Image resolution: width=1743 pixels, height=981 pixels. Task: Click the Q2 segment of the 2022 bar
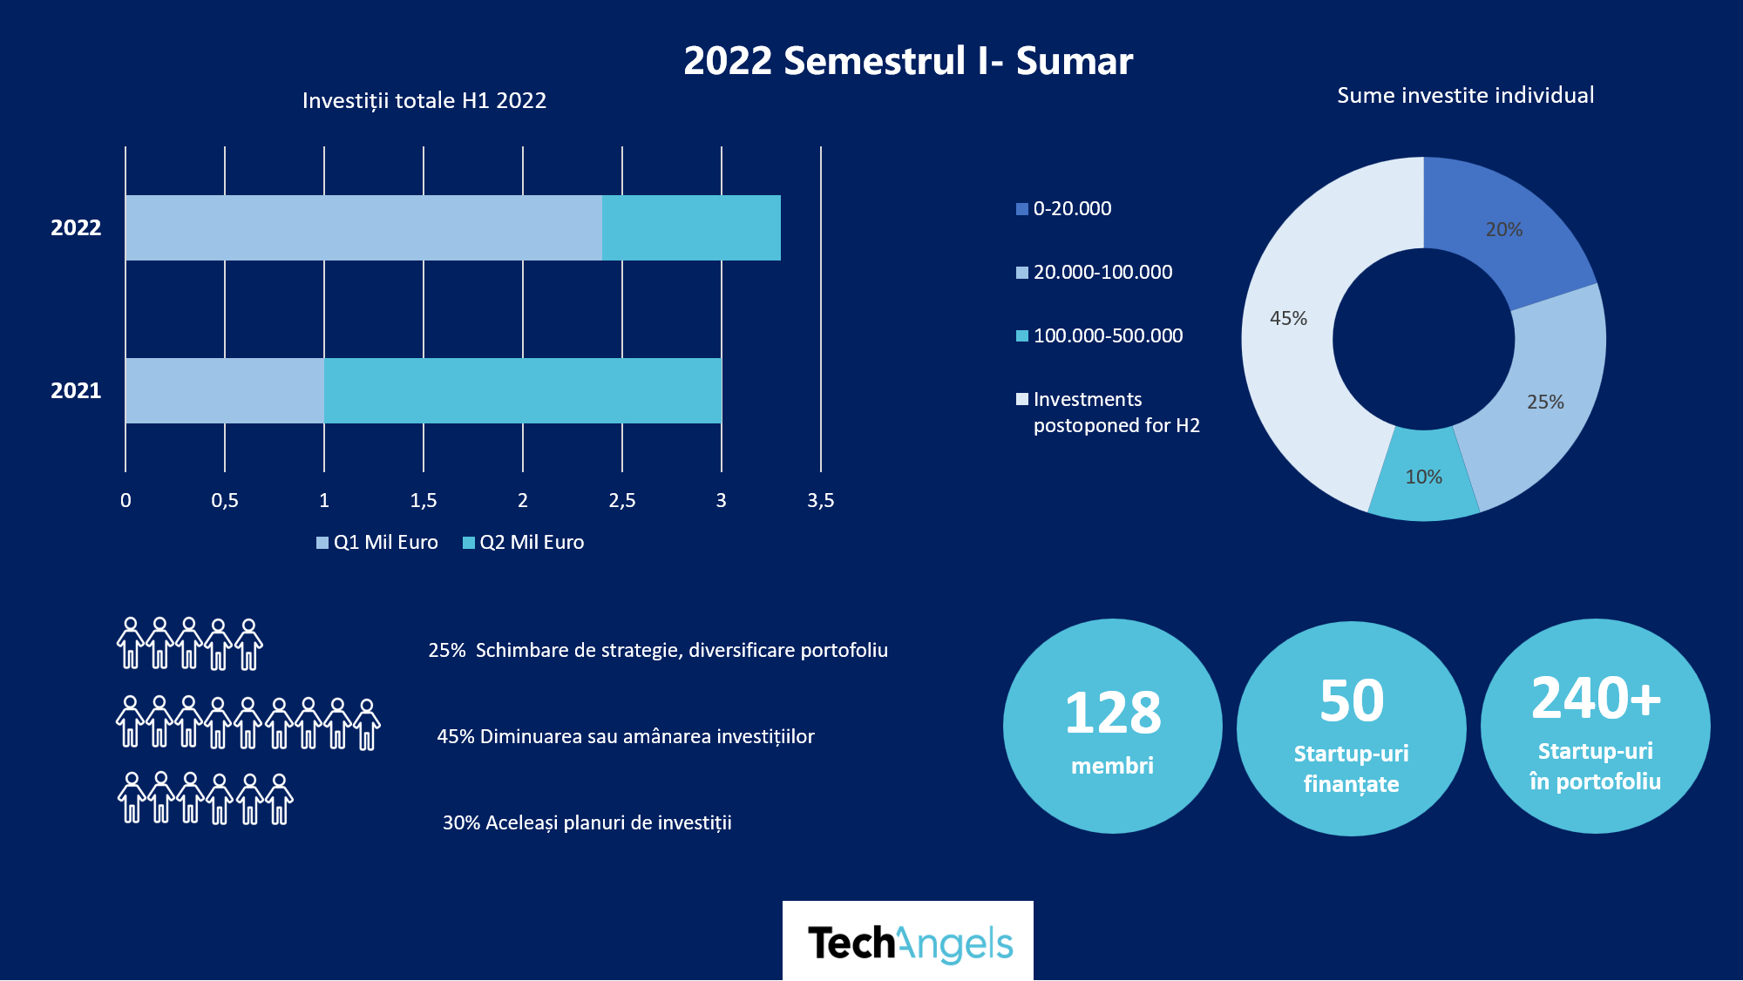click(691, 227)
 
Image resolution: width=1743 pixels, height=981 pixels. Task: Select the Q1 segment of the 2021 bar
click(225, 390)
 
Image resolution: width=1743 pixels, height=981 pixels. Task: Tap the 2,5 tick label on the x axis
click(622, 500)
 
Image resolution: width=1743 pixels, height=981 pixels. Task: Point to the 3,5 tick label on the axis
click(820, 500)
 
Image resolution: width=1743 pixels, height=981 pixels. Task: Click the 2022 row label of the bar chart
click(76, 227)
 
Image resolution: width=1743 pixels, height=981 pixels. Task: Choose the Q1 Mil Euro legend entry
click(377, 542)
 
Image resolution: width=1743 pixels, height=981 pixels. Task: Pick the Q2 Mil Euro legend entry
click(523, 542)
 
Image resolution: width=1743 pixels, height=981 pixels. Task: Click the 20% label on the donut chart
click(1504, 229)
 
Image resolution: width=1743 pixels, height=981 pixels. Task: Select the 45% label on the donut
click(1288, 318)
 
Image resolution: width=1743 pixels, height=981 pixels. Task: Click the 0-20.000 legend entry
click(1064, 208)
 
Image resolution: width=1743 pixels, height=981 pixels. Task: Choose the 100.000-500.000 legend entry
click(1100, 335)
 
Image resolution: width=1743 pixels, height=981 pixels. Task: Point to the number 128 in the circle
click(1113, 713)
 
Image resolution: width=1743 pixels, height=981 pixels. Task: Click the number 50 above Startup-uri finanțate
click(1352, 700)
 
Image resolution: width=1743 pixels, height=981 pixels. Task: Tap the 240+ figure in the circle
click(1596, 698)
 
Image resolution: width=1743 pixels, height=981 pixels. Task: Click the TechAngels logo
click(908, 943)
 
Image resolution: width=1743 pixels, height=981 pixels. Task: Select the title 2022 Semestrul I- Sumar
click(908, 61)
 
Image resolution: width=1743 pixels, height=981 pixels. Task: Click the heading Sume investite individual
click(1465, 95)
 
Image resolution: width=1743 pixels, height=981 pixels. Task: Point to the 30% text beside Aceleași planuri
click(461, 822)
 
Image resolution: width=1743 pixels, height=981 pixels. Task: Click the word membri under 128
click(1112, 765)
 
